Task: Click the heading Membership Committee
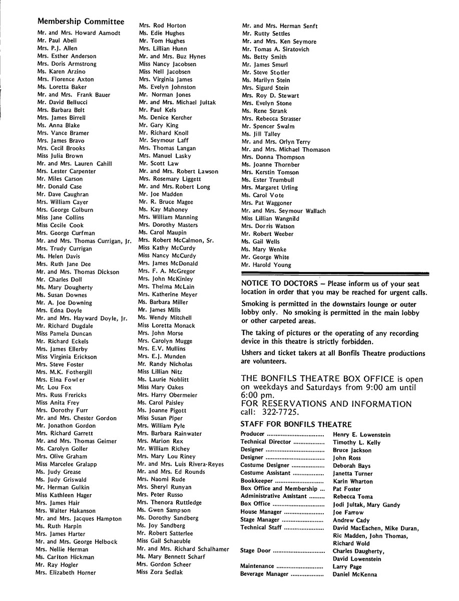click(81, 22)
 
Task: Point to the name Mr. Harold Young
click(266, 265)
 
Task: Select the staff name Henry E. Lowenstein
click(361, 435)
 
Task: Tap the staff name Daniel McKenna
click(355, 574)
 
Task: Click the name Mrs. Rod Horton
click(162, 26)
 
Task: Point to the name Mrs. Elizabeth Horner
click(66, 572)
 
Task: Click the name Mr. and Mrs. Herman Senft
click(279, 26)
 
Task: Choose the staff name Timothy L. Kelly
click(356, 442)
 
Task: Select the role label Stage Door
click(255, 551)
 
